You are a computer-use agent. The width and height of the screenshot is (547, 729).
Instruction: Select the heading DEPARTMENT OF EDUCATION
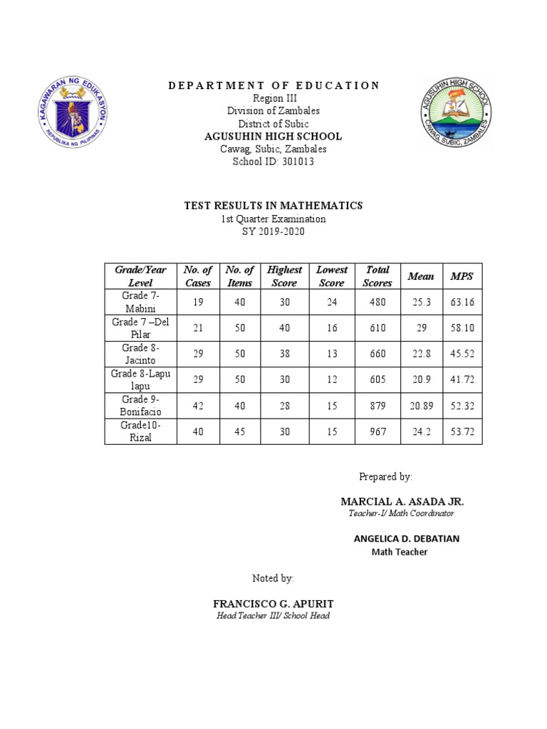(x=273, y=85)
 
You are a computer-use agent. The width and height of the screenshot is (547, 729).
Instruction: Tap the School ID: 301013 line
(x=273, y=162)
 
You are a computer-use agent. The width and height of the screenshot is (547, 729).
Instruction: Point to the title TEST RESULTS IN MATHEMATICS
(x=273, y=206)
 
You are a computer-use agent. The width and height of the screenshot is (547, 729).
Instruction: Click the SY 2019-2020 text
(x=273, y=232)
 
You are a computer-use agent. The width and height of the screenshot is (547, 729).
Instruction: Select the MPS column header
(x=462, y=276)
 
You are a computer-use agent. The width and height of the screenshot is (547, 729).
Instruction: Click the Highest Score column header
(x=284, y=276)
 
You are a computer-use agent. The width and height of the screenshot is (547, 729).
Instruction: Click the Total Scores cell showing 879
(x=377, y=406)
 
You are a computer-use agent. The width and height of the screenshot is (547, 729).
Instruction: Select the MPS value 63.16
(x=462, y=302)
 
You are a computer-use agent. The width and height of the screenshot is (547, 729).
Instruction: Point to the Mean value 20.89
(x=420, y=406)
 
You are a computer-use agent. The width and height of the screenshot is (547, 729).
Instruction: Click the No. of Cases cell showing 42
(x=198, y=406)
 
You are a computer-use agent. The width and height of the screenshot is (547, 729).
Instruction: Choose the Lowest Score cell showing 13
(x=332, y=354)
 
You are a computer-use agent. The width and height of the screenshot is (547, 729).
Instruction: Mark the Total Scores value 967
(x=377, y=431)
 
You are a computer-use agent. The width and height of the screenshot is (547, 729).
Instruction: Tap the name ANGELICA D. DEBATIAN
(x=406, y=539)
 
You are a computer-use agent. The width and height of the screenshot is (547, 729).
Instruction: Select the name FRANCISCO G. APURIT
(x=273, y=603)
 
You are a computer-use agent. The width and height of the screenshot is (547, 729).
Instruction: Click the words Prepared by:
(x=385, y=476)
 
